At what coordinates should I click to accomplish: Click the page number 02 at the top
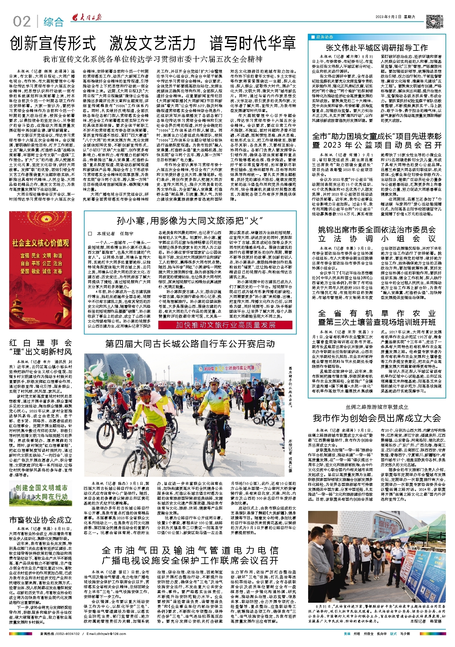coord(22,22)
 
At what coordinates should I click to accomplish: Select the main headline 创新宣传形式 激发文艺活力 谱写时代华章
coord(153,43)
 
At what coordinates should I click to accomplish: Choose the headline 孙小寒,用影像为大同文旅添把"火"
coord(190,221)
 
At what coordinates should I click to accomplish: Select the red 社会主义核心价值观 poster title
coord(41,243)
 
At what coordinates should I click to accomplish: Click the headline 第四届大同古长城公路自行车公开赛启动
coord(190,344)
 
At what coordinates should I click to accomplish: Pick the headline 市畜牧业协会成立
coord(41,519)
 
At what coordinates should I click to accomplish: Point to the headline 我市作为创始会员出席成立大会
coord(377,418)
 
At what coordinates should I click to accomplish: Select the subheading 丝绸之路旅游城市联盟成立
coord(377,407)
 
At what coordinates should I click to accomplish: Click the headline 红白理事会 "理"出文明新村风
coord(41,347)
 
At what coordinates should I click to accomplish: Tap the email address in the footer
coord(102,633)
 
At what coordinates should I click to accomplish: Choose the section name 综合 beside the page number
coord(53,22)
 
